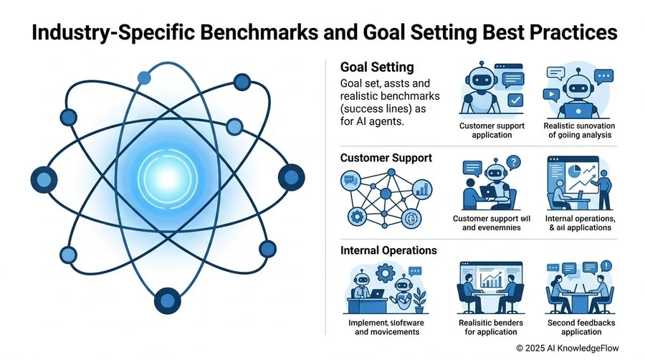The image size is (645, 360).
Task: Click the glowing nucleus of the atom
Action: tap(168, 178)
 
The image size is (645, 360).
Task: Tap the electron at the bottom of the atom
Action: tap(168, 300)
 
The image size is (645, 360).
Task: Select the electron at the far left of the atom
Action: tap(44, 180)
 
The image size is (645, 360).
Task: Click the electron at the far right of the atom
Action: tap(291, 177)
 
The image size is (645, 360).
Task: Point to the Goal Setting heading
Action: tap(377, 67)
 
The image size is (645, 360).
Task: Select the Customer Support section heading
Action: tap(386, 158)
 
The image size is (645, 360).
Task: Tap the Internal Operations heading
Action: tap(388, 250)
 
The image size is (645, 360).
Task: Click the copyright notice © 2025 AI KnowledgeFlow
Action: tap(568, 348)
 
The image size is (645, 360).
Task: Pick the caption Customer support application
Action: tap(492, 131)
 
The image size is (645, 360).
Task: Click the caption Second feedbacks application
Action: tap(580, 327)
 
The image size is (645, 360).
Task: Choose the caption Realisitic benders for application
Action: tap(491, 327)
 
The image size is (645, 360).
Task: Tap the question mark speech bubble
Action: tap(513, 163)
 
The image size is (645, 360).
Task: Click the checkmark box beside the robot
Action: tap(515, 100)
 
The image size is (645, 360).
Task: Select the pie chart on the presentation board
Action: tap(574, 170)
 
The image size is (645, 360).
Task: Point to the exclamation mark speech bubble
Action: tap(606, 266)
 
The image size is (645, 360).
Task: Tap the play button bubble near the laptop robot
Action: tap(551, 95)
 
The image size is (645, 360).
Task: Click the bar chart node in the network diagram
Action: tap(422, 189)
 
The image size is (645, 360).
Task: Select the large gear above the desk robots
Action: tap(386, 273)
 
